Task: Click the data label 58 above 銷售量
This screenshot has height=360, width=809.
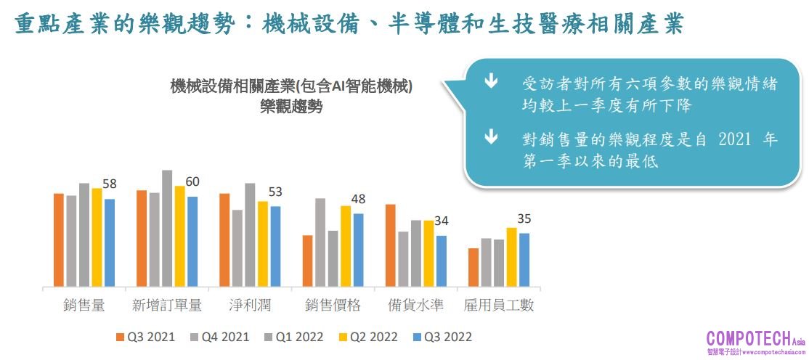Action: (110, 184)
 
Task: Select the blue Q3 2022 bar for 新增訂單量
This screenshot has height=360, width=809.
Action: (192, 241)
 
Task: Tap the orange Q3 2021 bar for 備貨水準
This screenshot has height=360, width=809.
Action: (391, 245)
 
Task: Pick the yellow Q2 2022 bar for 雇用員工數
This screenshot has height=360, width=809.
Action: (512, 257)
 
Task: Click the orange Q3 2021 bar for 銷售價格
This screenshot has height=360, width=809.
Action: (308, 261)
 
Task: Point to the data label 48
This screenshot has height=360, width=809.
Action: (358, 199)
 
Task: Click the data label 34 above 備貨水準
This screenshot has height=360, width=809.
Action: (442, 221)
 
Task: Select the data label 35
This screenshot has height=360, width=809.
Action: (524, 218)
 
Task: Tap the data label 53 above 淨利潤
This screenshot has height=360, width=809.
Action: (275, 192)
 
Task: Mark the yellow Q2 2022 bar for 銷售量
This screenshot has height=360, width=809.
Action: (97, 237)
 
